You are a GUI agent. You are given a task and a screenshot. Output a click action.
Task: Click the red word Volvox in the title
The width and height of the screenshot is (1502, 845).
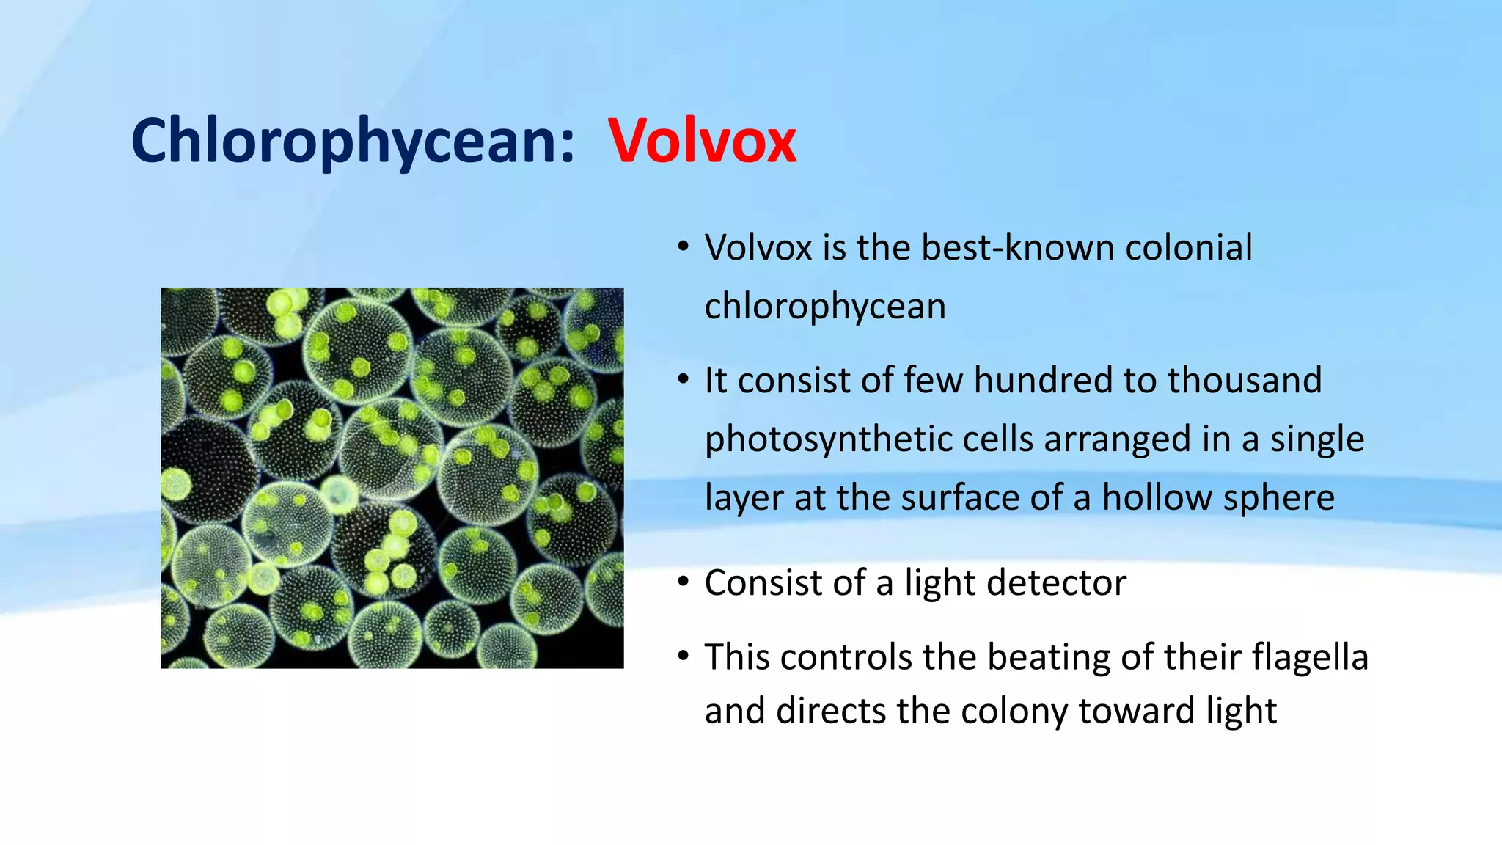pyautogui.click(x=702, y=141)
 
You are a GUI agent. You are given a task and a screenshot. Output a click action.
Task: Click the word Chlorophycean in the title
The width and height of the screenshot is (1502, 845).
pyautogui.click(x=352, y=141)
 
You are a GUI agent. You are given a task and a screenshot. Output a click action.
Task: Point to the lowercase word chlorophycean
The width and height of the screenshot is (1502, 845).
pyautogui.click(x=824, y=307)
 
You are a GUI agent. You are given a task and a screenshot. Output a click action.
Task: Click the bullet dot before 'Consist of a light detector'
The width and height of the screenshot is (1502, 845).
pyautogui.click(x=683, y=582)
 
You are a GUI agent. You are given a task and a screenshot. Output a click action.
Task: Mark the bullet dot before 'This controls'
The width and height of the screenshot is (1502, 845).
pyautogui.click(x=683, y=655)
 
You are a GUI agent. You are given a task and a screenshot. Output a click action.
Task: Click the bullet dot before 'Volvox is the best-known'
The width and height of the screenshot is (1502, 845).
pyautogui.click(x=683, y=246)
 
